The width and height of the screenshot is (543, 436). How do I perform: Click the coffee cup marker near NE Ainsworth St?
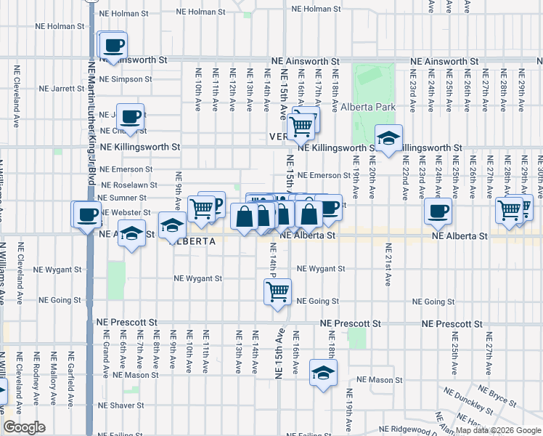tap(113, 46)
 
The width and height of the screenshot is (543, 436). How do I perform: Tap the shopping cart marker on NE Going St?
tap(277, 292)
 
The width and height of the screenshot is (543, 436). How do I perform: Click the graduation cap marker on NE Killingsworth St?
tap(388, 139)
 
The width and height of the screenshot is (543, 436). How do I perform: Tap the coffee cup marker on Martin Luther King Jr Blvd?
tap(87, 215)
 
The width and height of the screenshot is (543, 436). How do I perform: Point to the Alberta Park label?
tap(368, 107)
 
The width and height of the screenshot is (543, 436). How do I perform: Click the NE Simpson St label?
tap(128, 79)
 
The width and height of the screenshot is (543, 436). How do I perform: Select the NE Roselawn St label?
tap(128, 185)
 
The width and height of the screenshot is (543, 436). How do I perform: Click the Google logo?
tap(24, 428)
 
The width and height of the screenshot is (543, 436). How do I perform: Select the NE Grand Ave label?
tap(106, 354)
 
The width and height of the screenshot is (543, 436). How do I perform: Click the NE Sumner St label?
tap(123, 198)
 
